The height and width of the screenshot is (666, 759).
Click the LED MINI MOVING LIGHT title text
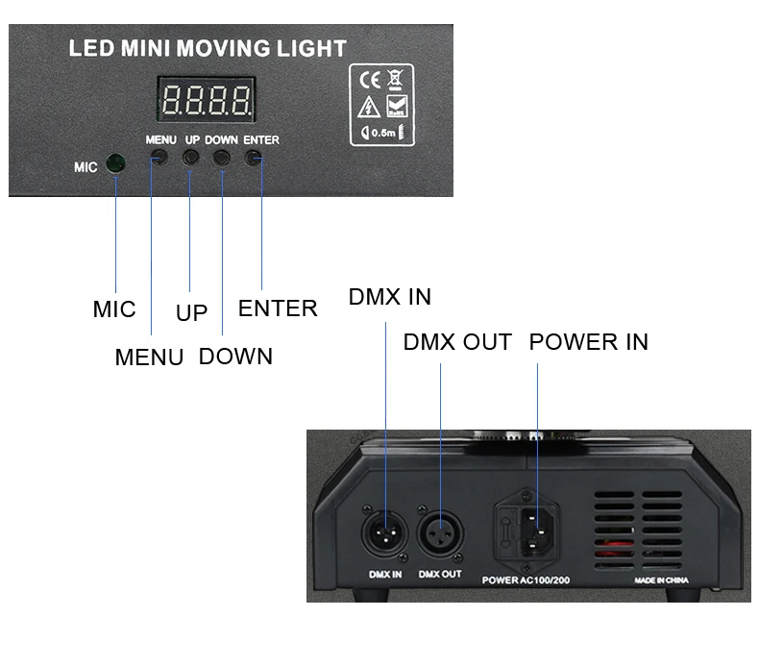[x=208, y=48]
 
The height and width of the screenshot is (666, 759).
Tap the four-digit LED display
[x=207, y=99]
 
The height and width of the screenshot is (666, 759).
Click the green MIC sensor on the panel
[x=115, y=163]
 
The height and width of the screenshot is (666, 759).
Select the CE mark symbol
[x=370, y=80]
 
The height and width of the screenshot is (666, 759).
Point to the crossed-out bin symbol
[x=396, y=80]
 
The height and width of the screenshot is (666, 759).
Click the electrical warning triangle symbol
[x=369, y=107]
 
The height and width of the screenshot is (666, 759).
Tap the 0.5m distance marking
[x=382, y=133]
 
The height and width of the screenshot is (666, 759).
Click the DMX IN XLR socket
[x=385, y=533]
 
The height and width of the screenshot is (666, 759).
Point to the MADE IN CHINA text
[x=661, y=580]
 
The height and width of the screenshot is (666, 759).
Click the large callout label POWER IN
[x=589, y=342]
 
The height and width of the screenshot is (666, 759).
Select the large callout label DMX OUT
[x=457, y=342]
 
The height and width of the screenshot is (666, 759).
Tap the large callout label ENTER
[x=278, y=308]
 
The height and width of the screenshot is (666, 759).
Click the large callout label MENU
[x=149, y=358]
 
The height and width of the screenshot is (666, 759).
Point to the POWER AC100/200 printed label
[x=526, y=580]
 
